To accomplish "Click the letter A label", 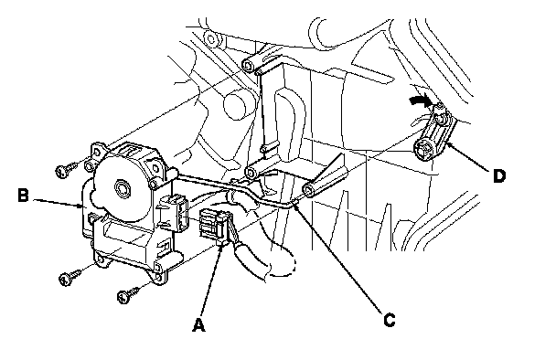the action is [199, 324].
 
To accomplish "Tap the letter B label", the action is [24, 195].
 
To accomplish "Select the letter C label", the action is [390, 320].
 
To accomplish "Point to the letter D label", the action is [499, 175].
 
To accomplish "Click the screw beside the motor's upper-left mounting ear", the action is [67, 169].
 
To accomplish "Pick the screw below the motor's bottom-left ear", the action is [70, 277].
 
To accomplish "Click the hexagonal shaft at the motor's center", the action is [123, 186].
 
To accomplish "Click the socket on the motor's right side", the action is [174, 214].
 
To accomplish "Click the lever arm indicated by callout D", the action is [435, 135].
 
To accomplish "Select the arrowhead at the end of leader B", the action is [81, 206].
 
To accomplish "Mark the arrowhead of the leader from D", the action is [447, 143].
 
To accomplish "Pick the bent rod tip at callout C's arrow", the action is [295, 201].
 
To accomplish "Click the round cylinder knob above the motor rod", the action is [235, 105].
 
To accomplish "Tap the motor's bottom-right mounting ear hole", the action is [159, 269].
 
